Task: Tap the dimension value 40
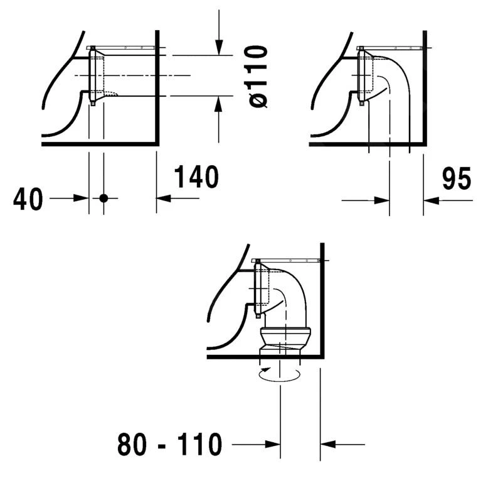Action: (x=28, y=199)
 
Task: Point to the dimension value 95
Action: (x=456, y=179)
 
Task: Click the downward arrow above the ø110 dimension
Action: (x=218, y=44)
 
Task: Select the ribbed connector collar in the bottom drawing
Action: (x=284, y=337)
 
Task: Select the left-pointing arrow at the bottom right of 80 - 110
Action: (x=329, y=445)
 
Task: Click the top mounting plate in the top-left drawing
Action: (x=122, y=47)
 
